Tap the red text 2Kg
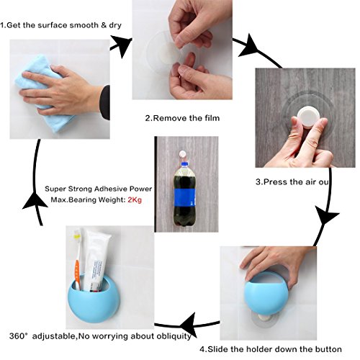point(135,199)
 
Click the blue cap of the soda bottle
point(184,164)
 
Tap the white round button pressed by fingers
point(308,117)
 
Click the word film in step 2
point(212,118)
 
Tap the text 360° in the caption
point(17,336)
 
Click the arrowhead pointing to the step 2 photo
point(122,45)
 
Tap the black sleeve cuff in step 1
point(105,102)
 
